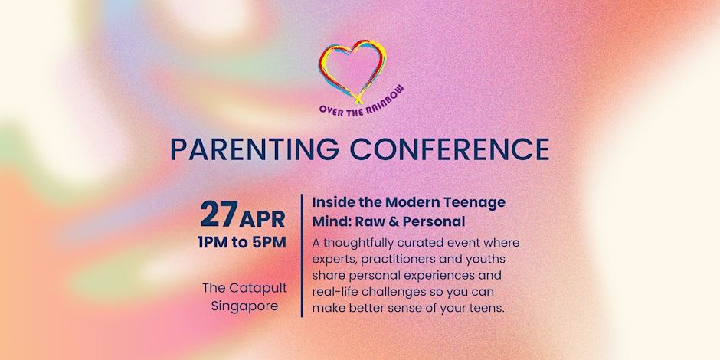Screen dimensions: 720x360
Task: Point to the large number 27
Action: pos(219,214)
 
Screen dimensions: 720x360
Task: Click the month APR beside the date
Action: pos(262,220)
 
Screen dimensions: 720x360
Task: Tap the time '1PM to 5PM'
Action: pos(242,242)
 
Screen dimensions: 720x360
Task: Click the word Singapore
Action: pos(245,306)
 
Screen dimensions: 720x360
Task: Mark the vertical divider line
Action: pos(302,255)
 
